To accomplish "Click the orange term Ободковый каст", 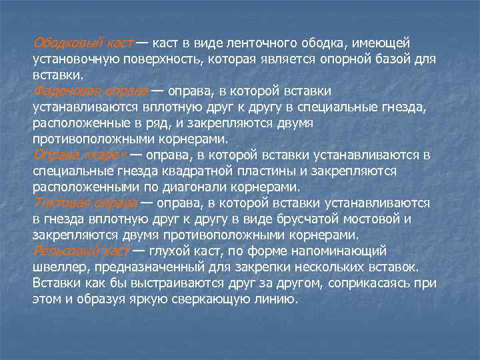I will pos(83,43).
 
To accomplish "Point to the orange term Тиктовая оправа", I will pos(85,203).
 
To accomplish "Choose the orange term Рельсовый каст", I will pos(81,251).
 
